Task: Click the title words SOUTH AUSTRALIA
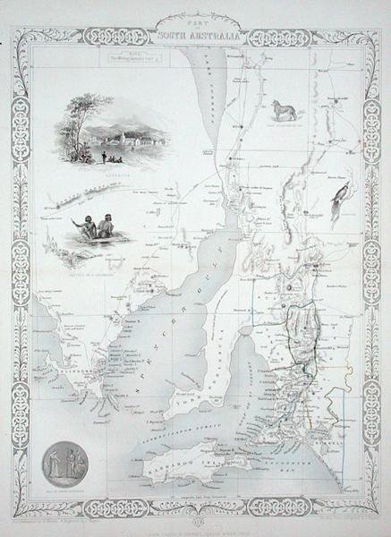[195, 36]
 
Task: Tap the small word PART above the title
[195, 24]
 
